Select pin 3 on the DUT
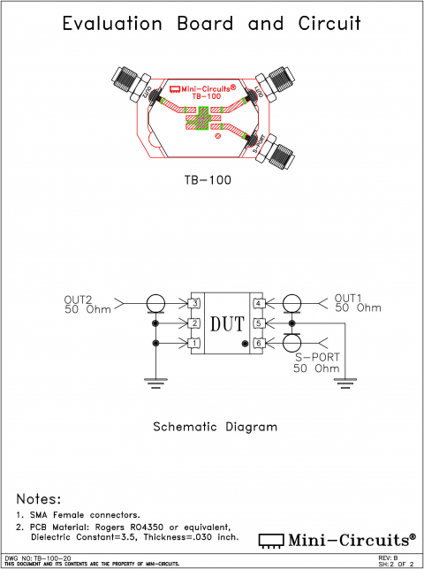tap(196, 304)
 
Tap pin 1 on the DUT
tap(196, 343)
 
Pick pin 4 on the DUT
tap(259, 304)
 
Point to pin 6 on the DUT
tap(259, 343)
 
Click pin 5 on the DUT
tap(259, 323)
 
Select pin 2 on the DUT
tap(196, 323)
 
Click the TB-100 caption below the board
tap(207, 180)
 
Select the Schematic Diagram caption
tap(215, 427)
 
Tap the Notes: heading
tap(39, 499)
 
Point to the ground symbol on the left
tap(155, 380)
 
